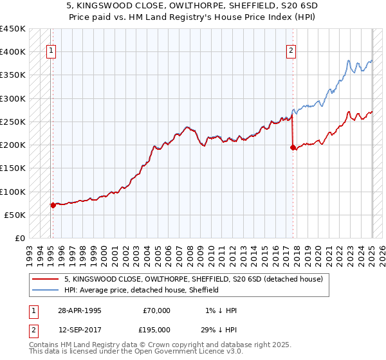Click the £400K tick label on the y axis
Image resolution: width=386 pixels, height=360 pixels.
[13, 52]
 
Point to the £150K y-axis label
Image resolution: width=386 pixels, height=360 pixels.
[13, 168]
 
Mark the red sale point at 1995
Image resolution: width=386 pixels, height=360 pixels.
[53, 205]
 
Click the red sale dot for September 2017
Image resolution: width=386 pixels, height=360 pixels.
[293, 147]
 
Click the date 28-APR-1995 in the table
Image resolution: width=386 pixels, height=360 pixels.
[79, 310]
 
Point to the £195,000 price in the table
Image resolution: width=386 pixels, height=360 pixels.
[156, 329]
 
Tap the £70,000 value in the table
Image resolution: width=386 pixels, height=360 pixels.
[156, 310]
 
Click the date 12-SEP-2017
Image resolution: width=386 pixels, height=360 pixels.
[79, 329]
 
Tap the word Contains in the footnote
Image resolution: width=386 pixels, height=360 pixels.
[44, 345]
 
